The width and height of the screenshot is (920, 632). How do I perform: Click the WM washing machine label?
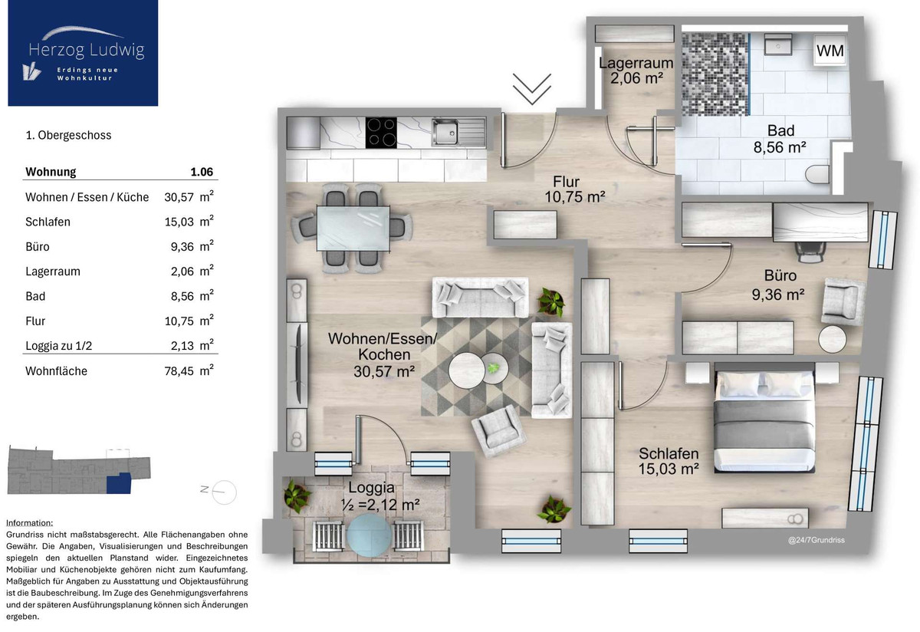click(830, 51)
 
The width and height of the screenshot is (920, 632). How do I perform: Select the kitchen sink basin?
click(445, 132)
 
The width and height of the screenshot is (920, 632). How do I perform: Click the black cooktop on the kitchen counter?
click(381, 133)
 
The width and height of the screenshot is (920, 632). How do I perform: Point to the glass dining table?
click(353, 229)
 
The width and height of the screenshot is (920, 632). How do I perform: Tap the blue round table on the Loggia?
click(369, 535)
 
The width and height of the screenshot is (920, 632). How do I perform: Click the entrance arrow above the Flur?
click(532, 89)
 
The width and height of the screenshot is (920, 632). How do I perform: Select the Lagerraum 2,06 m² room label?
click(636, 71)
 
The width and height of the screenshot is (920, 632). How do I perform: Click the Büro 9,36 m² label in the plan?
click(779, 285)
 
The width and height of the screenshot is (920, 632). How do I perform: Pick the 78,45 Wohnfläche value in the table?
click(179, 371)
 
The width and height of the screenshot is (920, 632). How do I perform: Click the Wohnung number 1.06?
click(202, 172)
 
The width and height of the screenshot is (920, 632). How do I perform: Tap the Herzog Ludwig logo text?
click(87, 49)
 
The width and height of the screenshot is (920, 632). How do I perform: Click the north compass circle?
click(224, 492)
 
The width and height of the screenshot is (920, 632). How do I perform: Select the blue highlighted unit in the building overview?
click(119, 483)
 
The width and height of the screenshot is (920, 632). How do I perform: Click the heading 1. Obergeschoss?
click(68, 135)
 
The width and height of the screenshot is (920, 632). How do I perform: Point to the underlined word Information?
click(30, 522)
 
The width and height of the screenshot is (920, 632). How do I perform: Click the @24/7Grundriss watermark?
click(816, 540)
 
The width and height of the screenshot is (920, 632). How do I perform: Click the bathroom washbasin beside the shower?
click(778, 44)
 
